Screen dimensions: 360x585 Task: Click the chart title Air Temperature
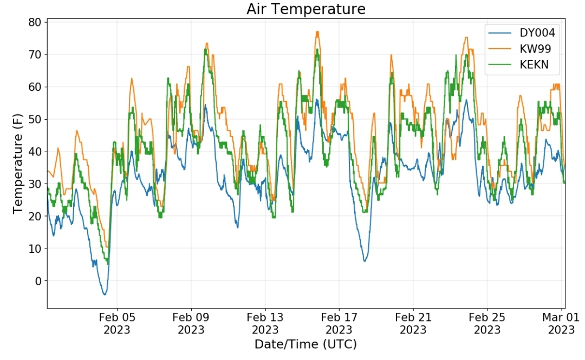click(x=306, y=9)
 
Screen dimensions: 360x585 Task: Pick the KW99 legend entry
click(x=534, y=49)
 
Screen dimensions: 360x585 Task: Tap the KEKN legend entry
click(x=534, y=65)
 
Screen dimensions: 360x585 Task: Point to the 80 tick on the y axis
click(x=35, y=22)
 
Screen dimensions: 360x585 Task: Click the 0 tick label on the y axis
click(x=38, y=281)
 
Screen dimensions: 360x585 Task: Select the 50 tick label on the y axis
click(x=35, y=119)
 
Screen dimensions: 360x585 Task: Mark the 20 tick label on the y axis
click(x=35, y=216)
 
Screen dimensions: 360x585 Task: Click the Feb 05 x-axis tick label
click(x=117, y=323)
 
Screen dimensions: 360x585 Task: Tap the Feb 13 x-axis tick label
click(x=265, y=323)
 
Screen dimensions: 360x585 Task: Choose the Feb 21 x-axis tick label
click(x=413, y=323)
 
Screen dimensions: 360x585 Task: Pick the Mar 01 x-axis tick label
click(x=560, y=323)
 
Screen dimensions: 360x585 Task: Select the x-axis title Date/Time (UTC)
click(x=306, y=344)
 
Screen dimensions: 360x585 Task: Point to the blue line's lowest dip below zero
click(x=105, y=294)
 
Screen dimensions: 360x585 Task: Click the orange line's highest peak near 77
click(x=317, y=32)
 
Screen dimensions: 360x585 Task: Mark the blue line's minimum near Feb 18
click(x=365, y=261)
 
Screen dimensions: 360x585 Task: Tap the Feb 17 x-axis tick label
click(x=339, y=323)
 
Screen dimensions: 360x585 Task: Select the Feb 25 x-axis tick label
click(x=486, y=323)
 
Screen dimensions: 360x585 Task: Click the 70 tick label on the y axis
click(x=35, y=55)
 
